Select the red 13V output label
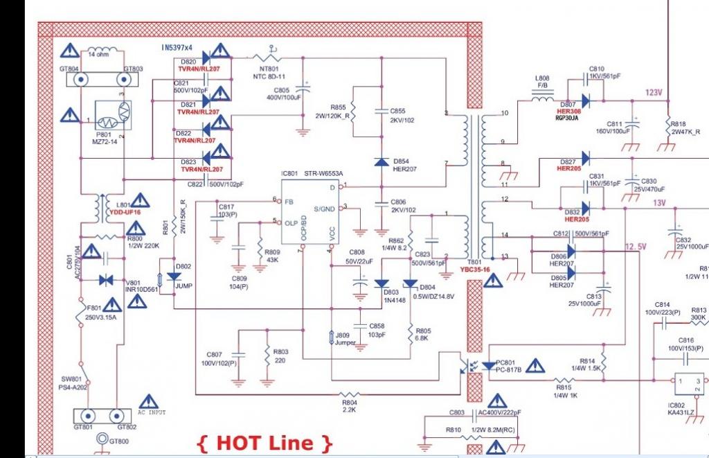pyautogui.click(x=658, y=203)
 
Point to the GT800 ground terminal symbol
pyautogui.click(x=102, y=439)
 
